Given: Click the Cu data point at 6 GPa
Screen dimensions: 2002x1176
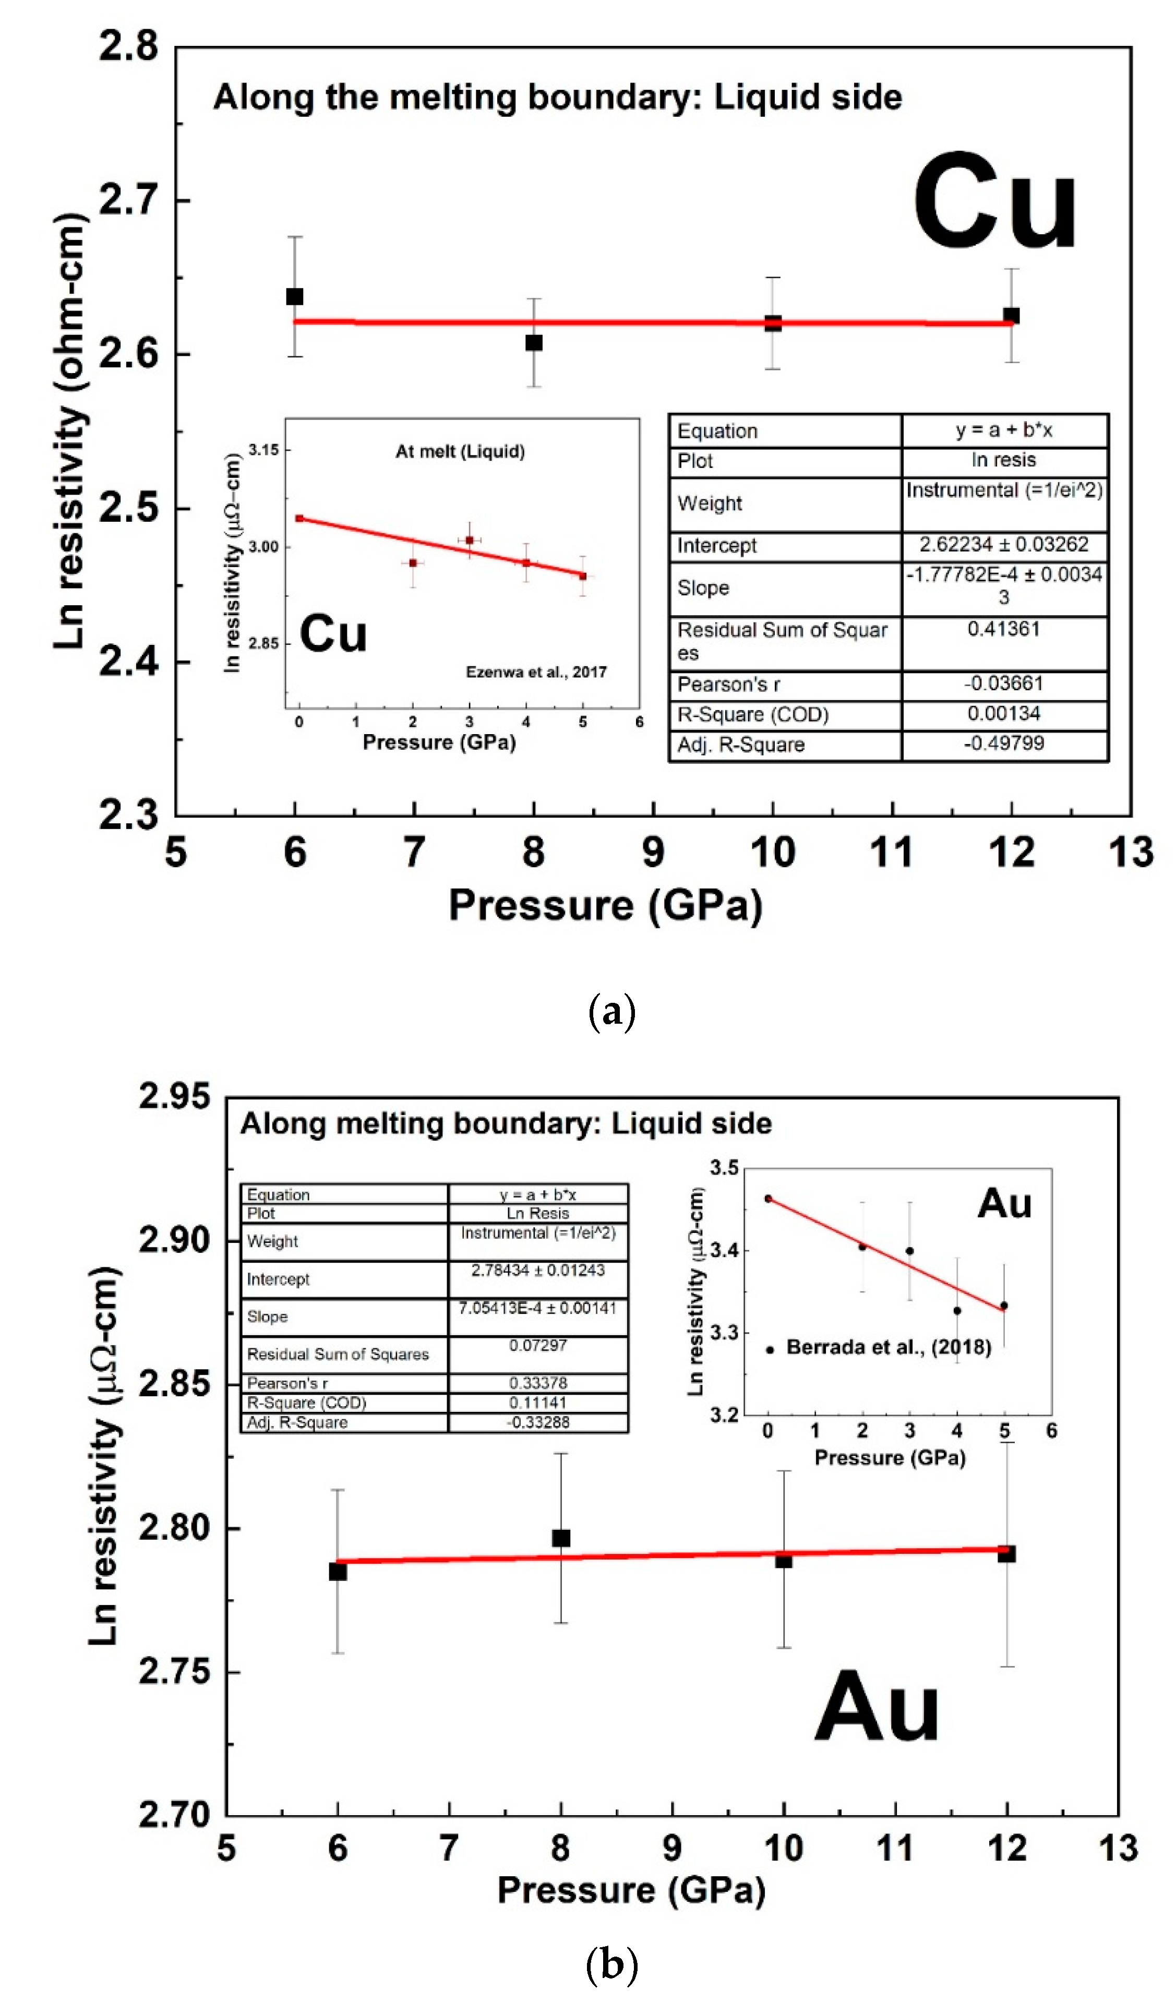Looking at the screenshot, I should [x=295, y=296].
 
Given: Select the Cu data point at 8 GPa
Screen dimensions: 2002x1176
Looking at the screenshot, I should [x=534, y=342].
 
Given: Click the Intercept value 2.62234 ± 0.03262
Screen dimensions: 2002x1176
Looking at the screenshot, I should [x=1004, y=544].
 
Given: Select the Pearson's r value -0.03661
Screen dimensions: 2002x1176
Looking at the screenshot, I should [x=1004, y=683].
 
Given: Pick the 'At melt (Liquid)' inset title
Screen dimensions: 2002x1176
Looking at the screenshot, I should [x=460, y=451].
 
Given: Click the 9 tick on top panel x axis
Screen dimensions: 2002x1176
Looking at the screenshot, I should [x=653, y=852].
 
